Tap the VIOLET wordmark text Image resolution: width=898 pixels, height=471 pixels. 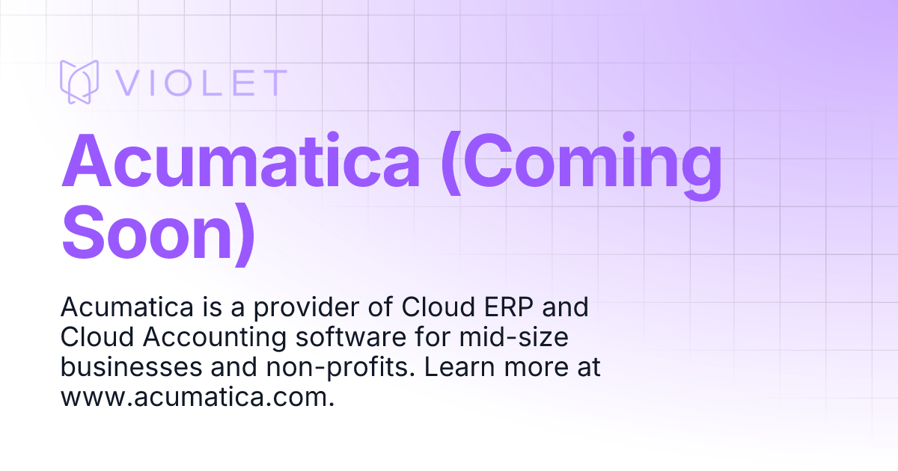201,83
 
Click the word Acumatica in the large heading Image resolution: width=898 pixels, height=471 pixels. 241,163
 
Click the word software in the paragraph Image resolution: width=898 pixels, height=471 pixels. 347,337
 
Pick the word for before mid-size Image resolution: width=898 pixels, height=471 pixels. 435,337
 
